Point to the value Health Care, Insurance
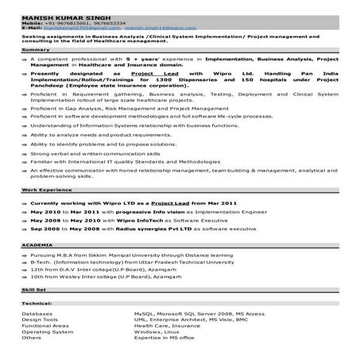tap(166, 326)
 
